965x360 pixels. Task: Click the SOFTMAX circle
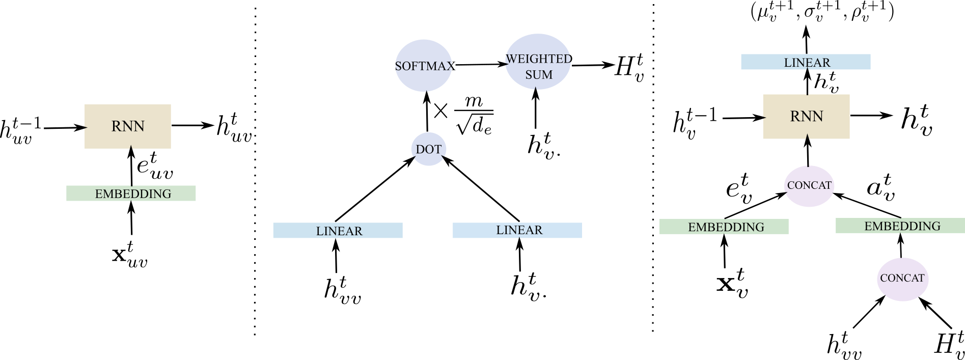click(424, 66)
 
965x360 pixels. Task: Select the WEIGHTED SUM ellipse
click(538, 62)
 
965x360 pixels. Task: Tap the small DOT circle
click(428, 149)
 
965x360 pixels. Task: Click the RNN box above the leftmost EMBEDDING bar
click(128, 126)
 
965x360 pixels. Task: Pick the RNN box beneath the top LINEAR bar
click(806, 117)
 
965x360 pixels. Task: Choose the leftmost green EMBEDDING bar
click(131, 193)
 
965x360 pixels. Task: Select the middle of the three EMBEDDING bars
click(724, 227)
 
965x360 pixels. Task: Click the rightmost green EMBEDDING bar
click(900, 226)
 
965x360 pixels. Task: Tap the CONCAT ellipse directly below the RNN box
click(809, 186)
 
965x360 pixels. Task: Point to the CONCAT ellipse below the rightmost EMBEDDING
click(902, 279)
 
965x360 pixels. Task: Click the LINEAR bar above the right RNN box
click(806, 62)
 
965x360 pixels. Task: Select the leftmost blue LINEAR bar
click(338, 231)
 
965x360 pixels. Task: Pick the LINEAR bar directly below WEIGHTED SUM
click(517, 230)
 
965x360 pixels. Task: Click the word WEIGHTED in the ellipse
click(538, 59)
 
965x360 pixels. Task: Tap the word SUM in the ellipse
click(539, 75)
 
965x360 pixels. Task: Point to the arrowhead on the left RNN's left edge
click(86, 128)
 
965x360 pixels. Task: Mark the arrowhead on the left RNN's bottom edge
click(131, 147)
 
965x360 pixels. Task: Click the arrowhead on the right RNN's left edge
click(764, 118)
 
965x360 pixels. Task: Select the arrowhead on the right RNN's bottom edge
click(808, 136)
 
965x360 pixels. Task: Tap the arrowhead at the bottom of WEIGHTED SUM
click(536, 88)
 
